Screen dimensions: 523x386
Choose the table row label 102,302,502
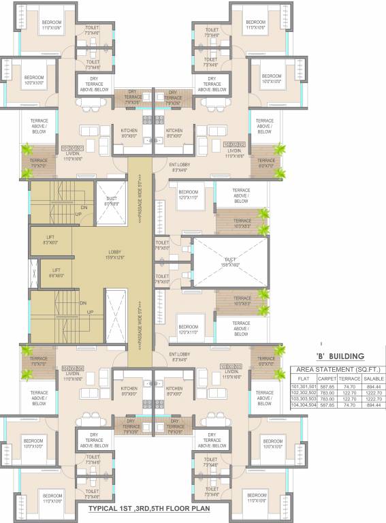(304, 392)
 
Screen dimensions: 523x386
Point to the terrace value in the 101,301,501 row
(349, 386)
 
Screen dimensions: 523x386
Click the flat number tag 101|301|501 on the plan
(72, 148)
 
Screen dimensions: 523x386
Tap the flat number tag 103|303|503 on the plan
(232, 366)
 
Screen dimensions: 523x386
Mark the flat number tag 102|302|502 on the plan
(235, 144)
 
